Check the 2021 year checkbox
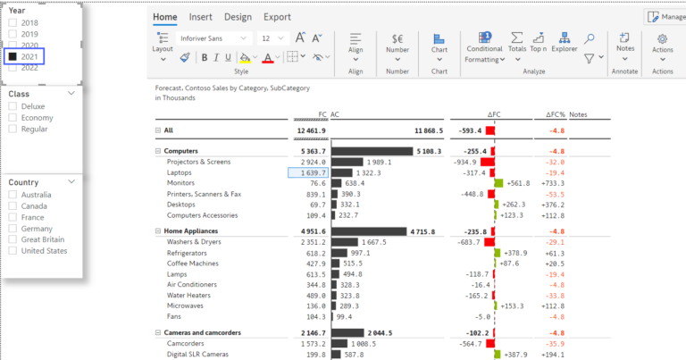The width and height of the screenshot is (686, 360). (x=13, y=56)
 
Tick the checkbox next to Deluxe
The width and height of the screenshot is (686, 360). (x=13, y=105)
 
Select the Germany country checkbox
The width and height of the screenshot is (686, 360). (x=13, y=228)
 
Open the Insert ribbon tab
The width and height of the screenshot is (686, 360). (x=200, y=17)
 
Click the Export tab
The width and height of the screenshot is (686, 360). (x=277, y=17)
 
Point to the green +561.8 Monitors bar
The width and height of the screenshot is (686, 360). (x=498, y=183)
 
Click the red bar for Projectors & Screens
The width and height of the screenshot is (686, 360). (x=489, y=162)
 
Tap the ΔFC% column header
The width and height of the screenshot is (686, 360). (x=556, y=115)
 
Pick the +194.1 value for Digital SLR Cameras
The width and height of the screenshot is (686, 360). (x=552, y=355)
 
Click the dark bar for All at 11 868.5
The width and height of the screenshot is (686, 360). (x=371, y=130)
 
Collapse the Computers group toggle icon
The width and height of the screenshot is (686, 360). (x=157, y=151)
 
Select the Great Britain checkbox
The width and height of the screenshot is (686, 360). (x=13, y=239)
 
